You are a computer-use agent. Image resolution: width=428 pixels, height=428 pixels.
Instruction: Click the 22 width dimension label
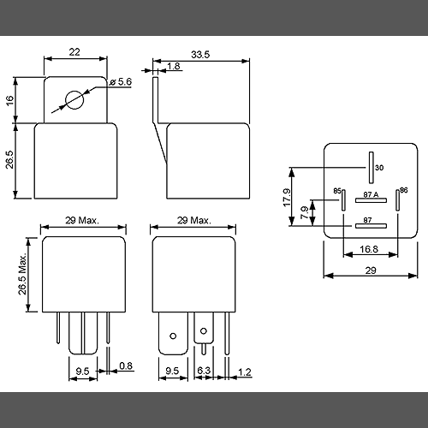click(74, 52)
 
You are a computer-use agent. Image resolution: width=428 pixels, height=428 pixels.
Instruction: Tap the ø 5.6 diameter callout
click(121, 82)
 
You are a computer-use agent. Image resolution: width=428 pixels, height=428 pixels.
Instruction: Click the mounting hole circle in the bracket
click(74, 100)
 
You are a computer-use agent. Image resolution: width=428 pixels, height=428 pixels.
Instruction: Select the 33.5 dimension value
click(200, 55)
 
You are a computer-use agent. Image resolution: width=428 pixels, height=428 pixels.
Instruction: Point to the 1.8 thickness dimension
click(174, 66)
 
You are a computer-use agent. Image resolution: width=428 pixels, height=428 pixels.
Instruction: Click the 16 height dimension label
click(9, 100)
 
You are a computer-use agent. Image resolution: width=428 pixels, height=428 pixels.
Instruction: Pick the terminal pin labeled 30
click(371, 168)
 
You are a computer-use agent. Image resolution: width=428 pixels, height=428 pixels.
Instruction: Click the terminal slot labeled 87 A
click(371, 200)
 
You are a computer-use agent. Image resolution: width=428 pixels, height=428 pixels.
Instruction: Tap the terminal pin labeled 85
click(343, 200)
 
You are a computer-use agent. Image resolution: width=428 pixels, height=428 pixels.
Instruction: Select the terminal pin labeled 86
click(397, 200)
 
